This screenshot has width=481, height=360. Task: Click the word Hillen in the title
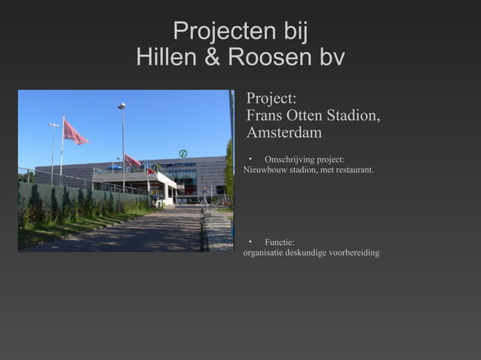pyautogui.click(x=167, y=57)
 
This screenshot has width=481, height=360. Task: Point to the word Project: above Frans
pyautogui.click(x=271, y=99)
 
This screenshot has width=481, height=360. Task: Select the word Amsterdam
pyautogui.click(x=284, y=133)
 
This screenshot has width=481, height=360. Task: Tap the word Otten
pyautogui.click(x=302, y=116)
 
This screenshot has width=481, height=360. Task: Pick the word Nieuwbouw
pyautogui.click(x=265, y=170)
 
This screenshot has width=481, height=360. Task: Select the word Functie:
pyautogui.click(x=279, y=241)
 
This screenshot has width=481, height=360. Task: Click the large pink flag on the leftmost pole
pyautogui.click(x=75, y=133)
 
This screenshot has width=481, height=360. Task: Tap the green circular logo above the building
pyautogui.click(x=182, y=154)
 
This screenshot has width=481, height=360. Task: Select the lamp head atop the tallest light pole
pyautogui.click(x=121, y=106)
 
